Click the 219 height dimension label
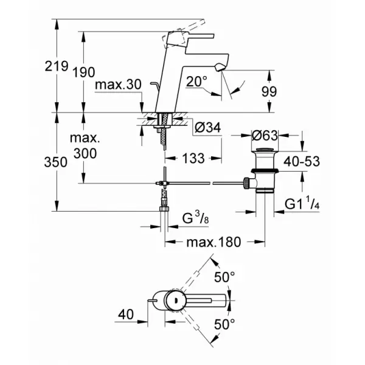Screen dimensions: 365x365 57,66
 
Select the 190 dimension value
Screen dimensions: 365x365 84,72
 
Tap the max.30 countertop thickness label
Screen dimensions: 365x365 118,85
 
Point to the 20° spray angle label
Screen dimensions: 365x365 196,82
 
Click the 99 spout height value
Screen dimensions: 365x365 269,91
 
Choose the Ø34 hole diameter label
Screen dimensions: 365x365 207,128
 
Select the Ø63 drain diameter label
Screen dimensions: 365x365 265,136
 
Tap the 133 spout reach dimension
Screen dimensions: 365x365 193,158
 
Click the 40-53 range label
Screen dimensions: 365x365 302,162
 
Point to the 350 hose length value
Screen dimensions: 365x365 56,162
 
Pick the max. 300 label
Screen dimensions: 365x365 85,146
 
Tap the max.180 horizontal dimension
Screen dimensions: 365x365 214,242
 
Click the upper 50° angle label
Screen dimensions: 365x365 224,277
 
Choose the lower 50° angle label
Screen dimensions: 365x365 224,324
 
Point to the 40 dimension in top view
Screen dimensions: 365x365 126,315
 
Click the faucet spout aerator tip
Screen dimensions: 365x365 220,68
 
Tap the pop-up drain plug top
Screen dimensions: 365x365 265,149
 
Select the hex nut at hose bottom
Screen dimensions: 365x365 164,208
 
